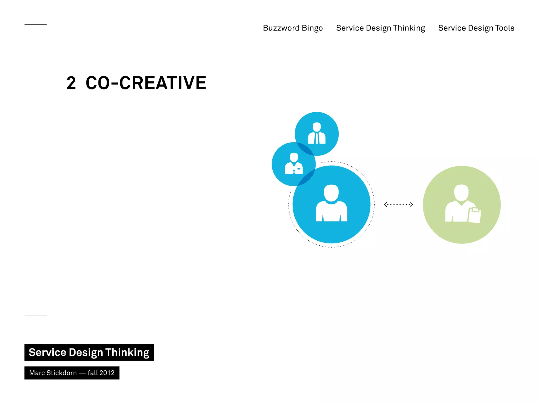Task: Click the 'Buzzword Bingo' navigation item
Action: tap(293, 28)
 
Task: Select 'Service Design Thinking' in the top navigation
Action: tap(380, 28)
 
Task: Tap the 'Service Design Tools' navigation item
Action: tap(476, 28)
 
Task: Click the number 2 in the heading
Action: tap(71, 83)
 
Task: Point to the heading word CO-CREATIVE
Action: tap(146, 83)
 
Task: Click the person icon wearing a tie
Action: tap(317, 133)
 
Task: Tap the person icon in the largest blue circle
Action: tap(331, 203)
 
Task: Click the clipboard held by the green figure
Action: tap(475, 215)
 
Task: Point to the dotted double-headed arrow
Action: tap(398, 204)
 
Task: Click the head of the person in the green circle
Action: tap(461, 193)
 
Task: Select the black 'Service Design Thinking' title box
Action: tap(89, 352)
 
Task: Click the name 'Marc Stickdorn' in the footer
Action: tap(53, 373)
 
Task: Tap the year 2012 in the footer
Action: tap(107, 373)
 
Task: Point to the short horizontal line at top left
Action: tap(36, 24)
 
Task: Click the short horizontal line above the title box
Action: tap(36, 315)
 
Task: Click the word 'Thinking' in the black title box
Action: tap(127, 352)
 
